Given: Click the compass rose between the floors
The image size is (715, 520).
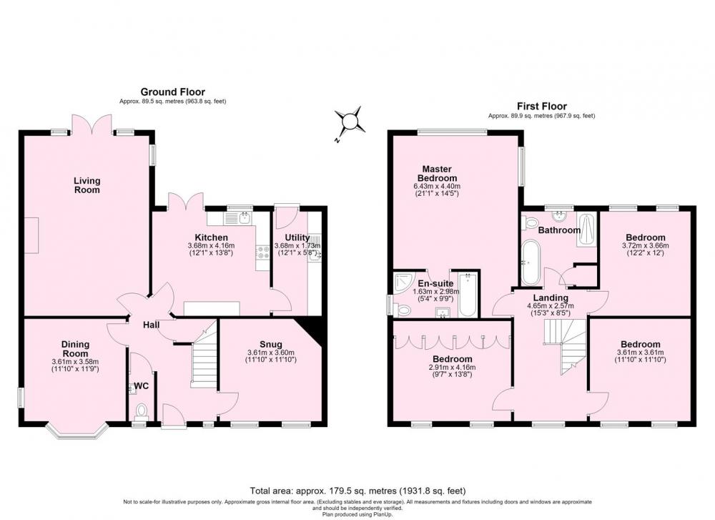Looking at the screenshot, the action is pyautogui.click(x=350, y=122).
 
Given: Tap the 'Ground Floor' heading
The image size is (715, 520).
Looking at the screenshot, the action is pyautogui.click(x=173, y=92).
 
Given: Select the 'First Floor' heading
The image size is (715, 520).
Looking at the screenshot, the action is pyautogui.click(x=542, y=107).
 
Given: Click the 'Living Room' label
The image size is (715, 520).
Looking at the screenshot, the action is pyautogui.click(x=87, y=185).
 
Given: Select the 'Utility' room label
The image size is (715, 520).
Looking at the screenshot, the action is pyautogui.click(x=297, y=237).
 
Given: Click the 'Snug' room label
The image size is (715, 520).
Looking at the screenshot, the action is pyautogui.click(x=271, y=344).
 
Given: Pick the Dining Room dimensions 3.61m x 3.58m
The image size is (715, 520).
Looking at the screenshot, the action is pyautogui.click(x=75, y=362).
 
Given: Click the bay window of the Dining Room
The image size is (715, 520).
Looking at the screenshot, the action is pyautogui.click(x=77, y=432).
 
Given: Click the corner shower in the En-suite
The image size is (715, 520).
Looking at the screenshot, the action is pyautogui.click(x=402, y=283).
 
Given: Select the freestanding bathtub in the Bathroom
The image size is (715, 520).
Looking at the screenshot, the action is pyautogui.click(x=530, y=262).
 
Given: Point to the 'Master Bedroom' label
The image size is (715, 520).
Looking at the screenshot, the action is pyautogui.click(x=438, y=173).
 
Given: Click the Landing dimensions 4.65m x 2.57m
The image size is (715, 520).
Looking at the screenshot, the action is pyautogui.click(x=551, y=306).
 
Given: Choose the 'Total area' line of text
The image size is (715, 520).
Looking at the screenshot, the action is pyautogui.click(x=357, y=491).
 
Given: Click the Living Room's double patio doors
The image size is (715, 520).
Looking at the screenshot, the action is pyautogui.click(x=92, y=124).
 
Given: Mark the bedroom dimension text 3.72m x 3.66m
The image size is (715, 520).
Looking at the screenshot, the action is pyautogui.click(x=645, y=245).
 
